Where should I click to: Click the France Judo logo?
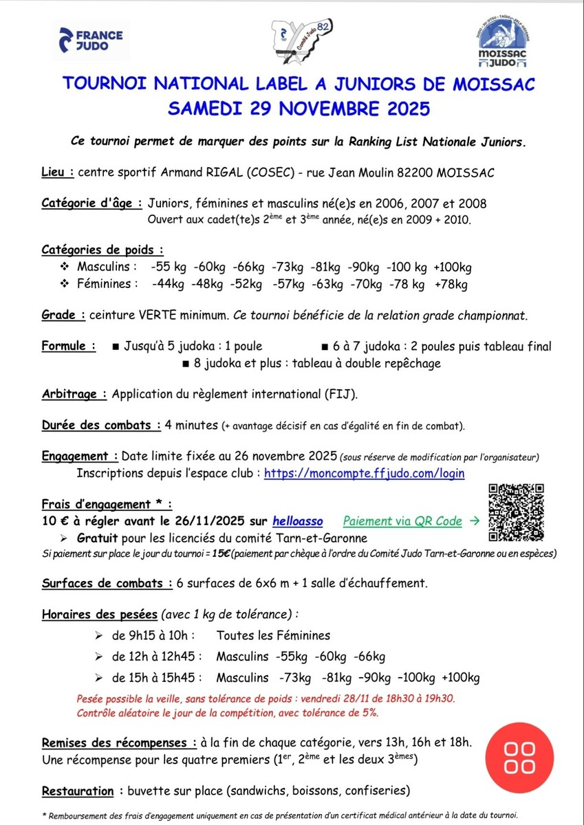point(91,41)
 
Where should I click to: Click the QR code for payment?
point(517,511)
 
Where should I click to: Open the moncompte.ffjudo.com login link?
point(364,473)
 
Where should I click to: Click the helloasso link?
point(298,521)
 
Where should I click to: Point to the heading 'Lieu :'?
point(58,172)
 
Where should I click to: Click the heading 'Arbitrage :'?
point(74,394)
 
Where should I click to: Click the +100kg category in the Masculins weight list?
point(452,267)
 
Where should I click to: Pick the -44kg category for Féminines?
point(168,284)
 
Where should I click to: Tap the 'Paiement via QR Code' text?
point(402,521)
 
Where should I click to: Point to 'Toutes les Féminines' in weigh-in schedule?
point(273,635)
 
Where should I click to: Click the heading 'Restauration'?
point(78,791)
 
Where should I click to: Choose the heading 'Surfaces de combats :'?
point(107,583)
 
